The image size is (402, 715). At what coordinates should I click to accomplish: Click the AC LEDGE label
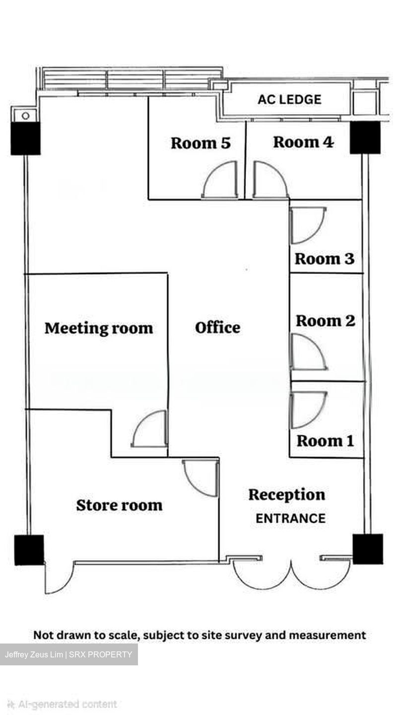(289, 100)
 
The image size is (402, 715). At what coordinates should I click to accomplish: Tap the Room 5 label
(201, 143)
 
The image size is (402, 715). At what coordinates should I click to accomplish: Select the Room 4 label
(303, 142)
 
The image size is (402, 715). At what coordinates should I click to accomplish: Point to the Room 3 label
(325, 259)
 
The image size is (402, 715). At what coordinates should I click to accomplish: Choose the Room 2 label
(326, 321)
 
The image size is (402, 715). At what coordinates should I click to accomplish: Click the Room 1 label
(326, 441)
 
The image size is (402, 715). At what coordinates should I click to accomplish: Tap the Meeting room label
(99, 329)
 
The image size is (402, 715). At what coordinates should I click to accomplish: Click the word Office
(217, 328)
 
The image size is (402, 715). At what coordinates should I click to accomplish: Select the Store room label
(119, 505)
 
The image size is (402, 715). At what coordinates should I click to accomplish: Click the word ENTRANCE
(291, 518)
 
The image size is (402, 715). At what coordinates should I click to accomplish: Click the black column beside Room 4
(365, 138)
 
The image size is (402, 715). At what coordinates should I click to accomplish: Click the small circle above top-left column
(26, 116)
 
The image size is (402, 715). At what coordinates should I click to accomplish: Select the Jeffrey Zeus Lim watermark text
(68, 654)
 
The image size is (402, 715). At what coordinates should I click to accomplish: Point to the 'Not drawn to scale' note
(200, 635)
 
